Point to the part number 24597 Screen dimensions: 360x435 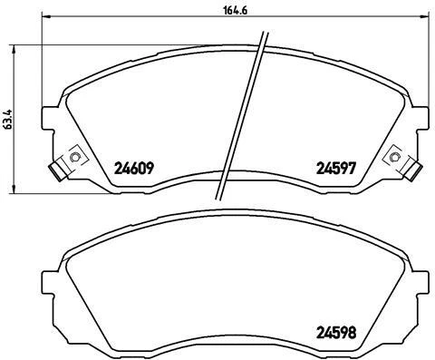(x=333, y=168)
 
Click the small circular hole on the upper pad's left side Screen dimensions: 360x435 (x=74, y=158)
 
